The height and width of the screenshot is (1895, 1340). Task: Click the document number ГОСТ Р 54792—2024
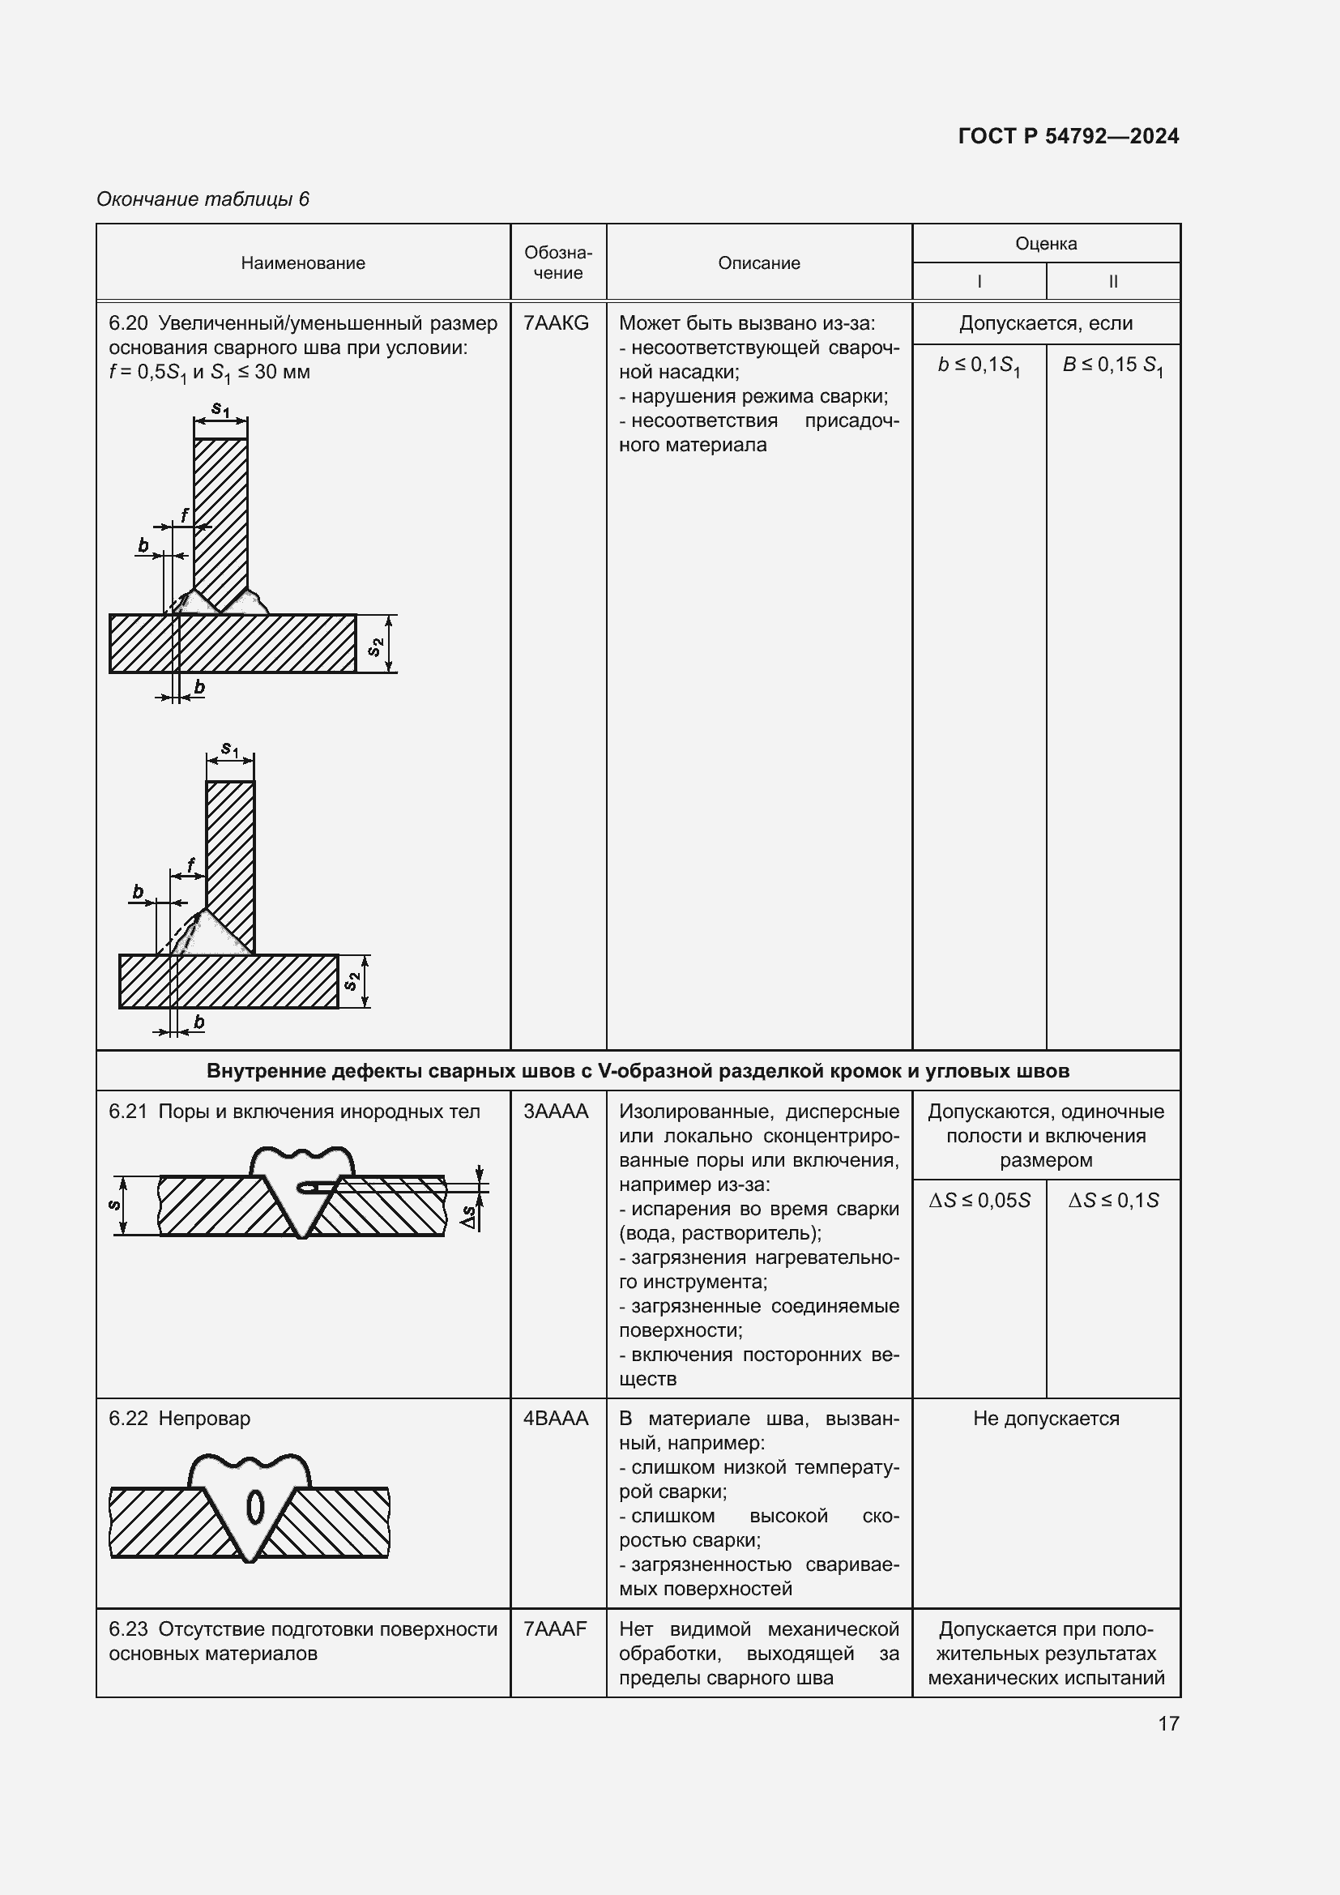pos(1068,136)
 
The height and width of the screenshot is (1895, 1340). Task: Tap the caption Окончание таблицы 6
pos(203,199)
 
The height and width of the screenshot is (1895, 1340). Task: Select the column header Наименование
pos(303,263)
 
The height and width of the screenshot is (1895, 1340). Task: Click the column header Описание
pos(758,263)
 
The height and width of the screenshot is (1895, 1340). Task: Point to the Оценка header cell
pos(1045,244)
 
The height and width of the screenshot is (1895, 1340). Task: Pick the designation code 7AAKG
pos(556,323)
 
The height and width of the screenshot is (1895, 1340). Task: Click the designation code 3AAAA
pos(556,1112)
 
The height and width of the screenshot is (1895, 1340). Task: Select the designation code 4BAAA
pos(556,1419)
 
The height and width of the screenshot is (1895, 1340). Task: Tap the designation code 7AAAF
pos(554,1629)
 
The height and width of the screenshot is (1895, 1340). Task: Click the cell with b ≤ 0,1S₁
pos(979,365)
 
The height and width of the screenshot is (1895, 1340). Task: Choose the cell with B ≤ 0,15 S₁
pos(1112,365)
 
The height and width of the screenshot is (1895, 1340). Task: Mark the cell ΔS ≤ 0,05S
pos(979,1201)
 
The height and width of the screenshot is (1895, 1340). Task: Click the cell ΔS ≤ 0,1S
pos(1112,1201)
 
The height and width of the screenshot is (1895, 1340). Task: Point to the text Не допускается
pos(1045,1419)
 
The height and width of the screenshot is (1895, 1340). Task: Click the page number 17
pos(1168,1723)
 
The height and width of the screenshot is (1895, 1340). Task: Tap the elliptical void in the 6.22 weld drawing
pos(255,1507)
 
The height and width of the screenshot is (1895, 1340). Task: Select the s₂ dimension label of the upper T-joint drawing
pos(375,647)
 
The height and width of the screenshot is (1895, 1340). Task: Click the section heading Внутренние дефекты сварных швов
pos(637,1071)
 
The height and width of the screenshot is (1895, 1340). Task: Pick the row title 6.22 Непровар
pos(180,1419)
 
